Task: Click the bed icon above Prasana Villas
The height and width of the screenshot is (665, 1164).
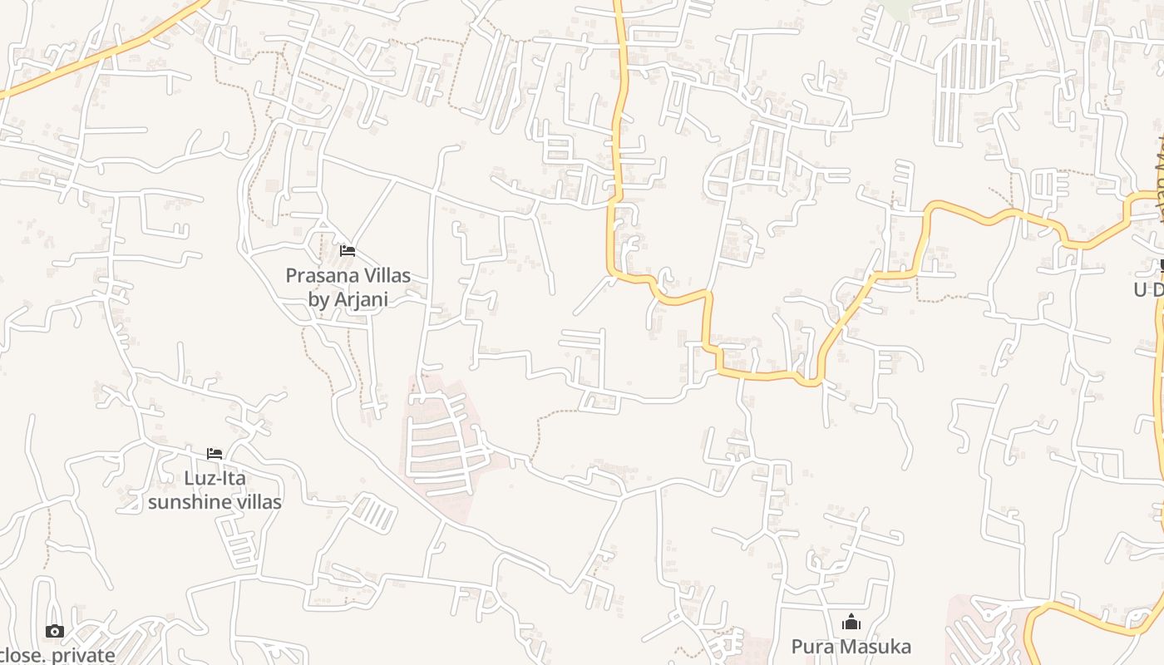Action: (x=348, y=251)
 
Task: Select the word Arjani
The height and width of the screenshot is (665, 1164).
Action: (x=360, y=299)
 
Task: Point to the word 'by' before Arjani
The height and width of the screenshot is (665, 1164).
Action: (x=318, y=299)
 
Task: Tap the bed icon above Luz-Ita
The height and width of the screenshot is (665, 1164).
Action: (x=215, y=454)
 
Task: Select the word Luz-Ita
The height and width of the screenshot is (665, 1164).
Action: (x=215, y=479)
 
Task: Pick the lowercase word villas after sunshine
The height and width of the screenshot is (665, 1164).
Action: (x=255, y=502)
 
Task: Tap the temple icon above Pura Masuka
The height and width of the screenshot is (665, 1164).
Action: (x=851, y=623)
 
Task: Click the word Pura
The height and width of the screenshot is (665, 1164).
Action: (x=808, y=647)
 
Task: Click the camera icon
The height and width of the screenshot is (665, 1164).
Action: (x=55, y=632)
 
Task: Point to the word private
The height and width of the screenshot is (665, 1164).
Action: (x=83, y=655)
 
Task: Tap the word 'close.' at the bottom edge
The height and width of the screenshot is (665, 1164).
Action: (x=22, y=655)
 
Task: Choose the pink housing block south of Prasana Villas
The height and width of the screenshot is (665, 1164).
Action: (x=441, y=441)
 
